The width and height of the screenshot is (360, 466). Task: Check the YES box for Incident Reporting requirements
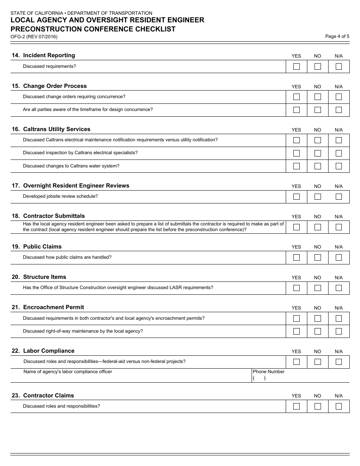coord(296,66)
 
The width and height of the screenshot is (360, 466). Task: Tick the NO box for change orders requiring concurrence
coord(318,97)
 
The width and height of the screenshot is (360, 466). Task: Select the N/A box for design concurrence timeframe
coord(339,110)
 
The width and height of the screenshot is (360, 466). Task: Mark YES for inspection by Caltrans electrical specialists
coord(296,153)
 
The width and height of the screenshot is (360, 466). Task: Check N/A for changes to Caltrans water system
coord(339,166)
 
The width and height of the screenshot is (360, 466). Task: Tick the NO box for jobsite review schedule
coord(318,197)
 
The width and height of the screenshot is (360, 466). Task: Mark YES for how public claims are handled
coord(296,258)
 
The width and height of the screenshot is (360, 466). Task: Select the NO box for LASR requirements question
coord(318,288)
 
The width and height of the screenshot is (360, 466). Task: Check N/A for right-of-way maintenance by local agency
coord(339,331)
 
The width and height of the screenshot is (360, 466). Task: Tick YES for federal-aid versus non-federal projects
coord(296,362)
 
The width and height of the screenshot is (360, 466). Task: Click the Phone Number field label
coord(269,372)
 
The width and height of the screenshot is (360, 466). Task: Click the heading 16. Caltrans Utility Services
coord(51,129)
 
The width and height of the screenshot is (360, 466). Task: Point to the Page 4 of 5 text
coord(337,36)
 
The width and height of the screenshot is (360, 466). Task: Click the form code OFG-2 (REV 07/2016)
coord(34,37)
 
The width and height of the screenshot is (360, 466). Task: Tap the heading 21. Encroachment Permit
coord(48,307)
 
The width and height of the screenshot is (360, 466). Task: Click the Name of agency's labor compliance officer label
coord(68,372)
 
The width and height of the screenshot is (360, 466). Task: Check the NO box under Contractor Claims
coord(318,407)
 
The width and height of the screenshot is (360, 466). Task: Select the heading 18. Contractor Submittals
coord(48,216)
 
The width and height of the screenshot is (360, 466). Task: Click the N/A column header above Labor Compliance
coord(338,352)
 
